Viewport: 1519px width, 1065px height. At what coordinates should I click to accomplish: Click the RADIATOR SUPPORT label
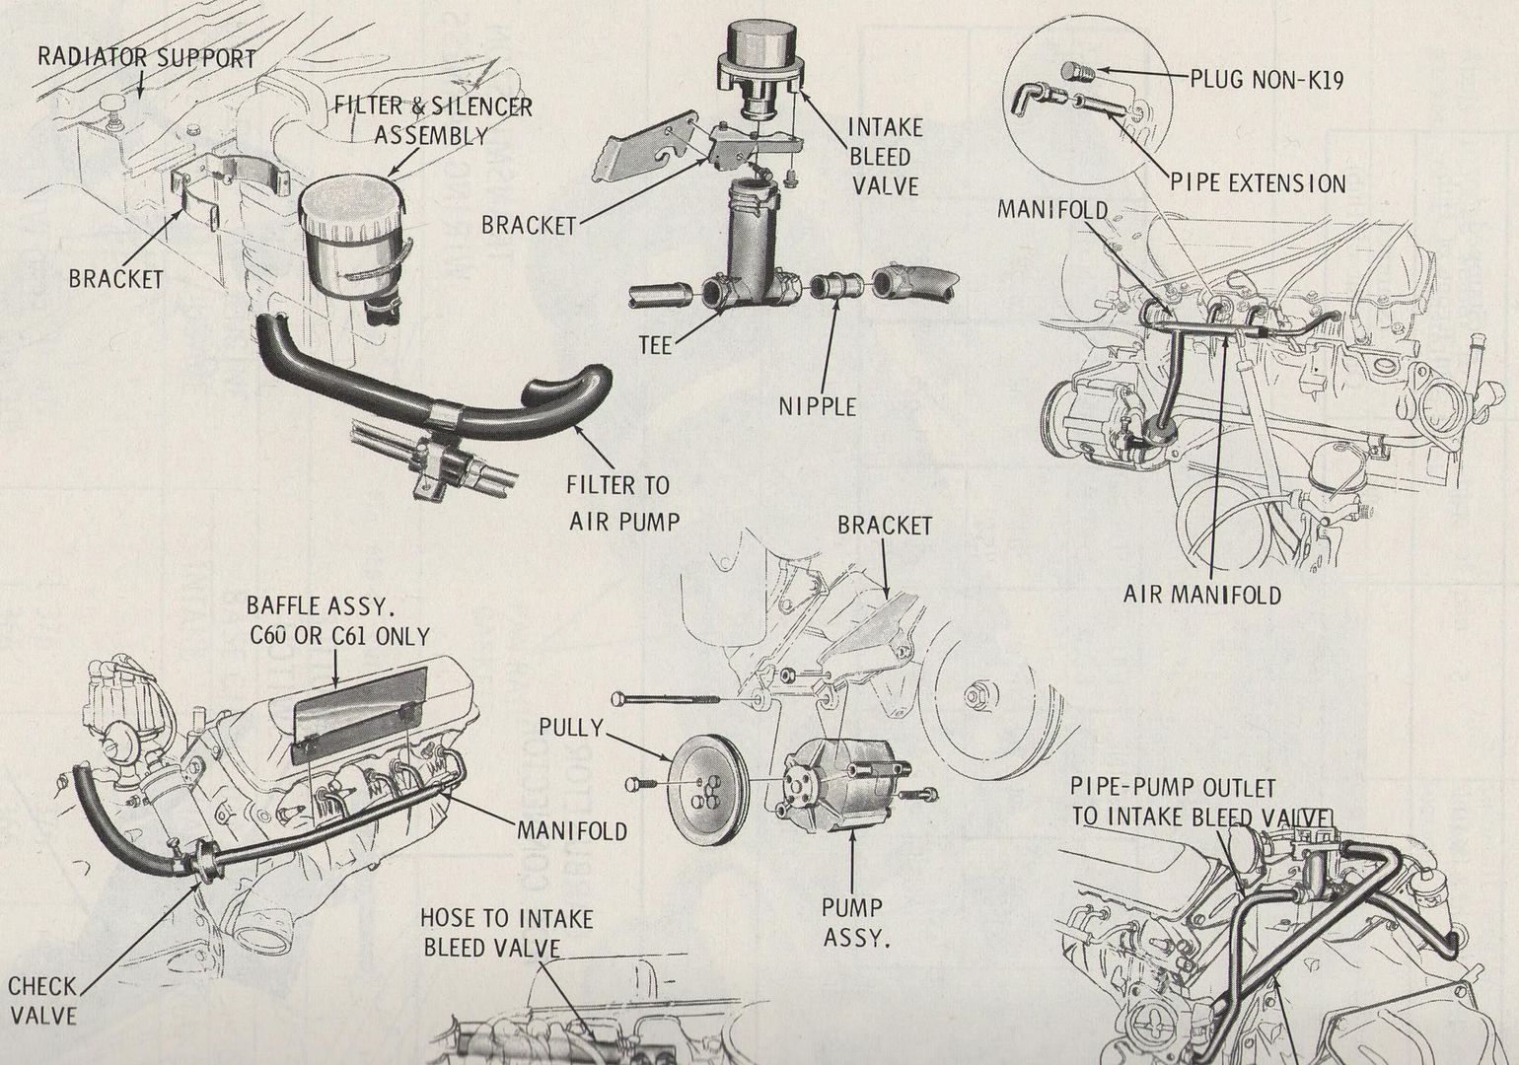(147, 56)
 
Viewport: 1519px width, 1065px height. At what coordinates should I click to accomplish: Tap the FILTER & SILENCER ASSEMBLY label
(432, 119)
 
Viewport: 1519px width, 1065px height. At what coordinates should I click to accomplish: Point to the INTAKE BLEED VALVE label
(884, 156)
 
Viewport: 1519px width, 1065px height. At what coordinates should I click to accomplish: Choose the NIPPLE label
(818, 405)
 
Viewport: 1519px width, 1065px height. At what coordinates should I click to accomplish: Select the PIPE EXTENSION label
(1258, 183)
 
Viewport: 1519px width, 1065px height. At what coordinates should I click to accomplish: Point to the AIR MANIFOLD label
(1202, 594)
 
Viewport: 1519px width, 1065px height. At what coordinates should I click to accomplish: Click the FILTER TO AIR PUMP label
(618, 502)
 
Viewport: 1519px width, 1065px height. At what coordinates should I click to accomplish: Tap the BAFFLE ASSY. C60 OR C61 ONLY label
(337, 619)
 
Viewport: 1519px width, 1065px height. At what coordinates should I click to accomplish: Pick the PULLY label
(571, 728)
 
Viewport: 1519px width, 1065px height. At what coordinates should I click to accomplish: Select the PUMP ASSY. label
(853, 921)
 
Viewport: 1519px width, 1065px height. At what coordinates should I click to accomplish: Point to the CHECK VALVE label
(41, 1000)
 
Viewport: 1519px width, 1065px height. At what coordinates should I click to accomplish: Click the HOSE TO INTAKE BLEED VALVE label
(505, 933)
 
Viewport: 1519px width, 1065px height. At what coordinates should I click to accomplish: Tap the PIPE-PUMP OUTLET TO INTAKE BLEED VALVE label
(1200, 802)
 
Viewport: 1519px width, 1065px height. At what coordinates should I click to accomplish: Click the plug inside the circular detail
(1076, 71)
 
